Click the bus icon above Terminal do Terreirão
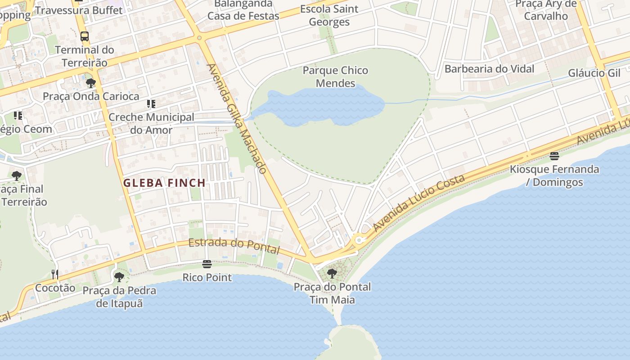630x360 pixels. point(85,36)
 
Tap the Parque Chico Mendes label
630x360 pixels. point(335,77)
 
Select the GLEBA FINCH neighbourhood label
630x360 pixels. point(164,183)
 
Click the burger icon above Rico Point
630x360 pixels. point(207,264)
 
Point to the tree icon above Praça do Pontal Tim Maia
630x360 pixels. point(332,273)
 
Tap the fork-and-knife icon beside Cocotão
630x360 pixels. point(55,274)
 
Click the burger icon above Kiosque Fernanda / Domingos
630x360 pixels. point(554,156)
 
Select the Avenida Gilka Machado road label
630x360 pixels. point(237,118)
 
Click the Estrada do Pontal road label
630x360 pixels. point(234,246)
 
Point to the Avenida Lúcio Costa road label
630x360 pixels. point(419,203)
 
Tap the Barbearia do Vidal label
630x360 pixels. point(489,69)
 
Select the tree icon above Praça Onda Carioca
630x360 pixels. point(90,83)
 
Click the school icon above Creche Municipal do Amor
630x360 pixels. point(151,104)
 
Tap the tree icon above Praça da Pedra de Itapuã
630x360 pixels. point(119,277)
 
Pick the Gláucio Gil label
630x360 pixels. point(594,73)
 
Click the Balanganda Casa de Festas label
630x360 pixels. point(243,10)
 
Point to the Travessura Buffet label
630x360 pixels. point(78,10)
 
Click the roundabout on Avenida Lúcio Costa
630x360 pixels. point(359,240)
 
